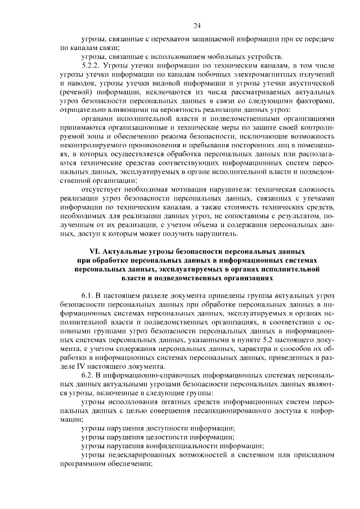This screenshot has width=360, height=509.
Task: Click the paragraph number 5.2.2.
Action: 92,66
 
